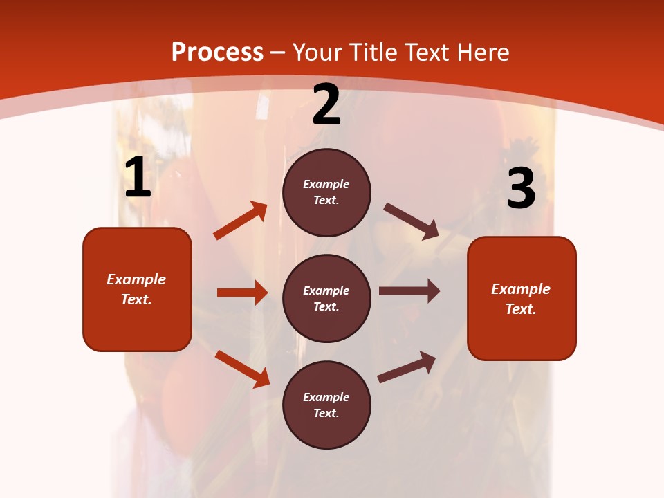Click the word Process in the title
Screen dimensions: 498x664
tap(217, 52)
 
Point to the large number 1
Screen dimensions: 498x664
tap(138, 178)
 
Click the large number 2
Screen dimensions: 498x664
tap(326, 104)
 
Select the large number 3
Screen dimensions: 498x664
tap(521, 188)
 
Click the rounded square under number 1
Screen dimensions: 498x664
tap(137, 289)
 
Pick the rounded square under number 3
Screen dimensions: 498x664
tap(522, 298)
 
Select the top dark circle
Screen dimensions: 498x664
tap(326, 192)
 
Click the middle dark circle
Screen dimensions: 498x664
tap(326, 298)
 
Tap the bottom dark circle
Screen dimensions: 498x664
tap(326, 405)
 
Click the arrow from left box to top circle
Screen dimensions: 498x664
tap(240, 221)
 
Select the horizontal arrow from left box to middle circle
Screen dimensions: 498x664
tap(242, 293)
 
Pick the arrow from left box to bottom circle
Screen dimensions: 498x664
tap(242, 369)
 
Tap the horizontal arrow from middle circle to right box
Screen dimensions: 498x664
tap(409, 291)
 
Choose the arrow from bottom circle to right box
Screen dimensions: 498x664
tap(407, 367)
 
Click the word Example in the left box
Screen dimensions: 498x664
tap(136, 279)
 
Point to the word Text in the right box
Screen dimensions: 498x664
tap(520, 309)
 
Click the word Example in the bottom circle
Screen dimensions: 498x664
tap(326, 397)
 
